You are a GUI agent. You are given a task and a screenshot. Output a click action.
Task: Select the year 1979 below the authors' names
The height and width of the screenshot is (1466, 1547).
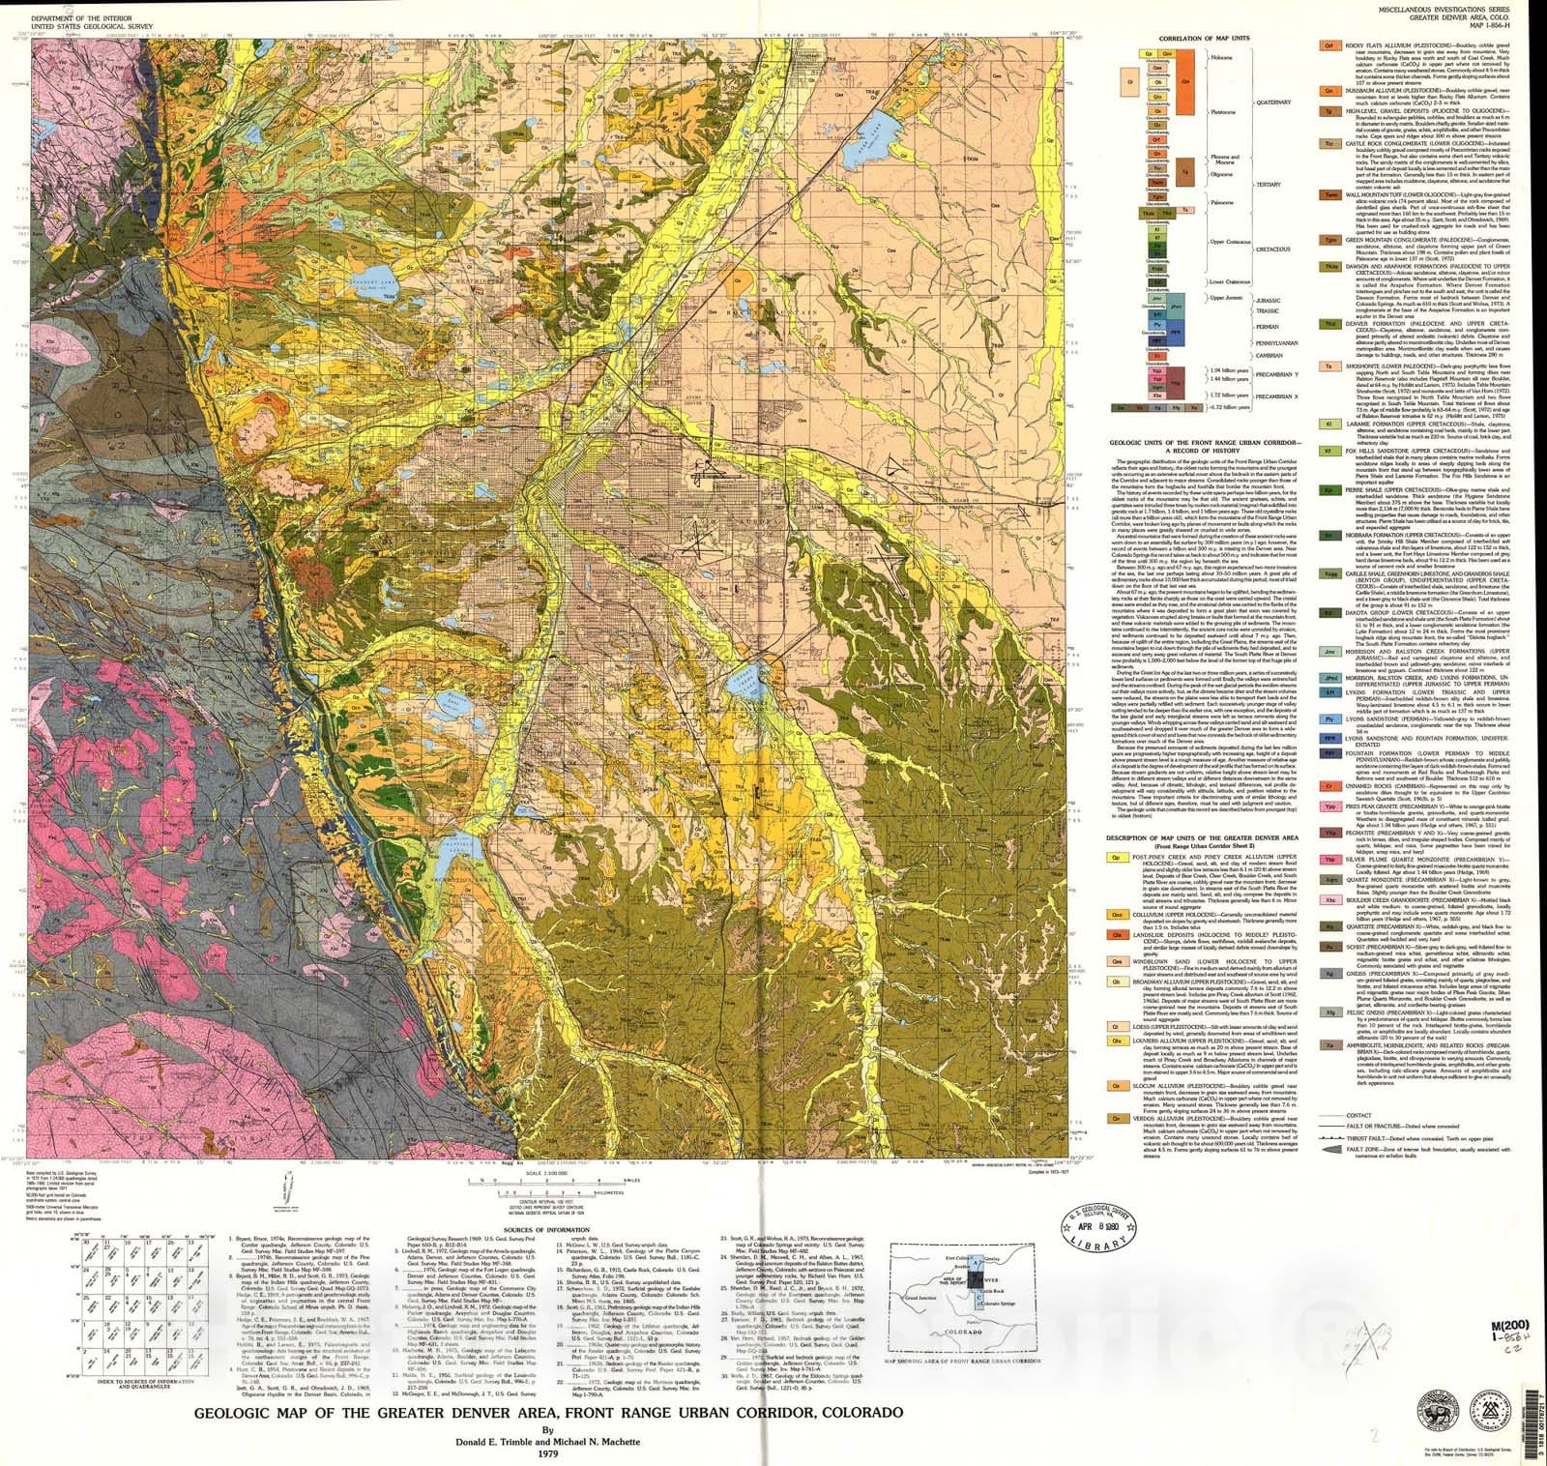tap(548, 1452)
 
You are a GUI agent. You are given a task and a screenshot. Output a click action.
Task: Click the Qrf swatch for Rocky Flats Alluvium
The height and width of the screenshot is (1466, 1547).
tap(1329, 45)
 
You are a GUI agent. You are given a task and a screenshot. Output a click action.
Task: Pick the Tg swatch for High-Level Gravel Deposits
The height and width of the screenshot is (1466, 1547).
tap(1329, 112)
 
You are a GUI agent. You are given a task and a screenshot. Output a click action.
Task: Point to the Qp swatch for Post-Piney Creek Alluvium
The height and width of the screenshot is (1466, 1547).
tap(1117, 857)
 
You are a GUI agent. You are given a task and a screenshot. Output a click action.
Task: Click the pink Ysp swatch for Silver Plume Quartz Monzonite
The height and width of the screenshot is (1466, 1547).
tap(1329, 859)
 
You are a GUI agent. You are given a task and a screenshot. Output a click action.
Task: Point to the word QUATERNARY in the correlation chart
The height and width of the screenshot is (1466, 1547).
tap(1273, 102)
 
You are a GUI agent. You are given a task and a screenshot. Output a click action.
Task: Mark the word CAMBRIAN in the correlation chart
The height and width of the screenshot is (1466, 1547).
tap(1269, 356)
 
